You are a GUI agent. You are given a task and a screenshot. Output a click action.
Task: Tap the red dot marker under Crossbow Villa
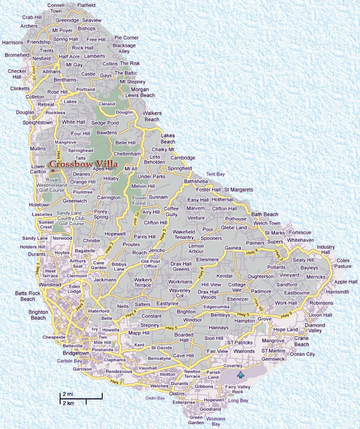pos(53,171)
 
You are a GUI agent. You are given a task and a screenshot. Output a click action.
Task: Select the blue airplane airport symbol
pos(240,375)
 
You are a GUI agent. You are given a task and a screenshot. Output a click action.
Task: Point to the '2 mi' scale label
pos(67,394)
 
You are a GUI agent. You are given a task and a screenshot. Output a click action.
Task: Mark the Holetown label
pos(40,204)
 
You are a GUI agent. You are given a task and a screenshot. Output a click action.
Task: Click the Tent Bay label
pos(215,174)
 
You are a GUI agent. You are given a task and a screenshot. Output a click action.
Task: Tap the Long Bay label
pos(238,400)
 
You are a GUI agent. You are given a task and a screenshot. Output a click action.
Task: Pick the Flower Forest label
pos(139,201)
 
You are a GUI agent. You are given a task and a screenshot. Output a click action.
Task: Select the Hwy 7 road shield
pos(116,382)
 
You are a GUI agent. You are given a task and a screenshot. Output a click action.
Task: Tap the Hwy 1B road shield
pos(34,74)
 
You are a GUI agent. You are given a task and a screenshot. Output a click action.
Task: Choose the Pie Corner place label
pos(126,38)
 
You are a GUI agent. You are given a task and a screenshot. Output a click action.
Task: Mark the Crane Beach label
pos(301,341)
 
